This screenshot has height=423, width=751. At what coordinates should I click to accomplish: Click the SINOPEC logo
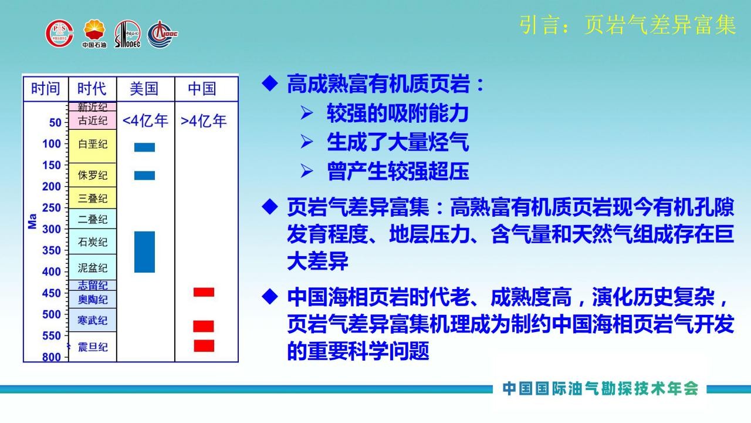(x=128, y=34)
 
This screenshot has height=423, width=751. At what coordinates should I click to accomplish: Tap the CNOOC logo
(x=163, y=34)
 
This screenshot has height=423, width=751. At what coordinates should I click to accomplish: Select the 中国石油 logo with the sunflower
(x=94, y=33)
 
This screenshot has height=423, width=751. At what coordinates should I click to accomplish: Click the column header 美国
(x=144, y=89)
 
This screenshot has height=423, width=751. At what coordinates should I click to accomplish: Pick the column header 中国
(x=202, y=89)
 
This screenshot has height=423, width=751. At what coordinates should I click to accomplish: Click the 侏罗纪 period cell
(x=93, y=175)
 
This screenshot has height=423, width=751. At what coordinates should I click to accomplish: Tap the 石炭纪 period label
(x=93, y=241)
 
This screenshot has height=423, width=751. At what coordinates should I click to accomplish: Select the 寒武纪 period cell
(x=93, y=320)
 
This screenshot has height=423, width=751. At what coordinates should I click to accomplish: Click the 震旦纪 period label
(x=93, y=347)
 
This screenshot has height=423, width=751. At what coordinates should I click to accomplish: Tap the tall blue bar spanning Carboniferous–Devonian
(x=144, y=252)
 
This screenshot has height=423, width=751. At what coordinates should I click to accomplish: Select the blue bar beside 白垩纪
(x=144, y=147)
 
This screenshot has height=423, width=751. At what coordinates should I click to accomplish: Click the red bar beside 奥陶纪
(x=204, y=292)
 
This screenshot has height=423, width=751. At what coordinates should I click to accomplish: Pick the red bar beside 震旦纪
(x=204, y=346)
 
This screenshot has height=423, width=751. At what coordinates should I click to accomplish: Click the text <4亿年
(x=145, y=121)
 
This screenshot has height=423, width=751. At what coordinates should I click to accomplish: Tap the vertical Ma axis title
(x=32, y=221)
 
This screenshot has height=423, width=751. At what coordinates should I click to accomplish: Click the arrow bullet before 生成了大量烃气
(x=306, y=142)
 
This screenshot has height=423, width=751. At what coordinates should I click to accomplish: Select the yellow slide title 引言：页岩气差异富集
(x=628, y=25)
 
